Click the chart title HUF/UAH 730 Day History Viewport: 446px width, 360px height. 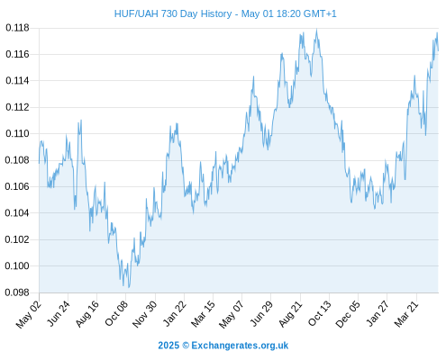click(173, 13)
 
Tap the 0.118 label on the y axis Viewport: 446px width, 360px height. click(17, 28)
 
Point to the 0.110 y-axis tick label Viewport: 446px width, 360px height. click(17, 133)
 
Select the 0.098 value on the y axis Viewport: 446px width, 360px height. click(17, 292)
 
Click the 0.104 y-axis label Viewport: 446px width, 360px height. click(17, 213)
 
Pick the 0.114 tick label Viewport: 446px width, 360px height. click(17, 81)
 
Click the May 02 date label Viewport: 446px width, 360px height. click(29, 314)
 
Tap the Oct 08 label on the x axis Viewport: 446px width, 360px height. click(116, 313)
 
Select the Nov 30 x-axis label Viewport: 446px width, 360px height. click(144, 314)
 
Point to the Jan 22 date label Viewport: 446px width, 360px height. click(174, 313)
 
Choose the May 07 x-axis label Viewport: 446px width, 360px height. click(232, 314)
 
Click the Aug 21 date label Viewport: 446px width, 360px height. click(290, 313)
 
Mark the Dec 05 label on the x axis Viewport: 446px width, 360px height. click(348, 314)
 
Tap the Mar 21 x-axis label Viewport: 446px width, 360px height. click(406, 313)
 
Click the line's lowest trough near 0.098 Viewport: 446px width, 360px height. click(129, 287)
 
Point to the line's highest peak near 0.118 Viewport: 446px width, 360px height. click(316, 30)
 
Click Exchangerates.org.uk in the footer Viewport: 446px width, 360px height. click(240, 346)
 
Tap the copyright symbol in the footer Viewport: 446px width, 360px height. click(186, 346)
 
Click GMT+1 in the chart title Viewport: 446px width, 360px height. click(320, 13)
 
